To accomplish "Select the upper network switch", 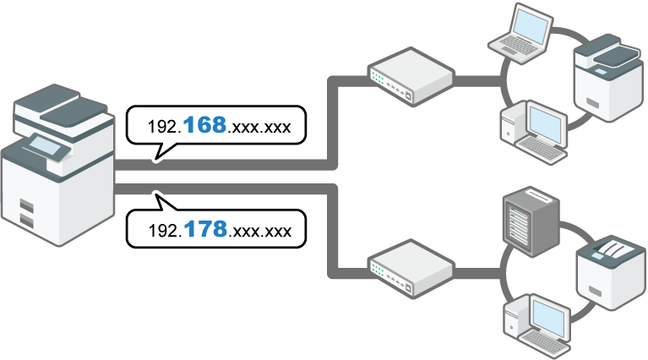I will pos(410,75).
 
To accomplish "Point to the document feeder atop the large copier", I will pos(63,106).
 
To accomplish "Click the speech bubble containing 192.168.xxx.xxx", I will pos(215,128).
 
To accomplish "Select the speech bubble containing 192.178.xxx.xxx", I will pos(215,229).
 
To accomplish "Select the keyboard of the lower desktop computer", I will pos(544,339).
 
